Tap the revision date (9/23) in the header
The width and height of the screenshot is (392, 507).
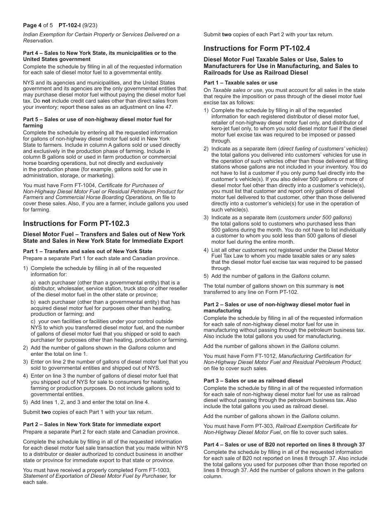click(x=90, y=25)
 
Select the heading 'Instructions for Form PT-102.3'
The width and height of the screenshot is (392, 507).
click(x=76, y=223)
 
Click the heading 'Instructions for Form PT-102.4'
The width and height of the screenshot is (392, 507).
click(x=257, y=48)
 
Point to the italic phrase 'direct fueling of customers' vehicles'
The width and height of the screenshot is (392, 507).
click(x=323, y=149)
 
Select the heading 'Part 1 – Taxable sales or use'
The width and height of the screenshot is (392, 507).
click(x=241, y=82)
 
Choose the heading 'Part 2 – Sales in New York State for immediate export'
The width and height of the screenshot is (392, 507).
click(x=92, y=424)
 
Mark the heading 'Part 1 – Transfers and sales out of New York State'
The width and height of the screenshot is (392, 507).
click(x=87, y=251)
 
